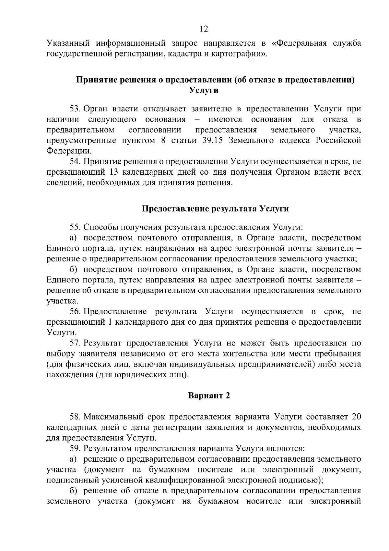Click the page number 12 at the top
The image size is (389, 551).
204,29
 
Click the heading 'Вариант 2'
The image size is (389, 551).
209,395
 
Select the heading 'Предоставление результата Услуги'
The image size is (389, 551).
216,208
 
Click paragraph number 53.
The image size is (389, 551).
75,109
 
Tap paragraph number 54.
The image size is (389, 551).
75,161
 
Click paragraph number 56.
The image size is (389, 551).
75,311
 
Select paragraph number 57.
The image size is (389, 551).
75,343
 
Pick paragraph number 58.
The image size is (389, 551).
75,417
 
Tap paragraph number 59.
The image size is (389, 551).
75,448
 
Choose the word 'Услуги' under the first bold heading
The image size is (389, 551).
204,90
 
